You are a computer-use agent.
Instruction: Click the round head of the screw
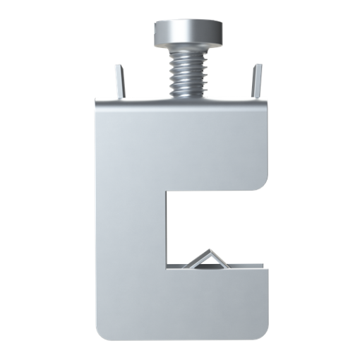coord(188,31)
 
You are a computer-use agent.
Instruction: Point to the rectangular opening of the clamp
coord(212,226)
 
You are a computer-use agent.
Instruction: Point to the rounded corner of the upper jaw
coord(263,182)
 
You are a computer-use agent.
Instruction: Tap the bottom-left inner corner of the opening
coord(169,268)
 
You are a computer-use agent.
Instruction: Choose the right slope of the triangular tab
coord(220,260)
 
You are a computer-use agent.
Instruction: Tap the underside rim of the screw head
coord(188,44)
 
